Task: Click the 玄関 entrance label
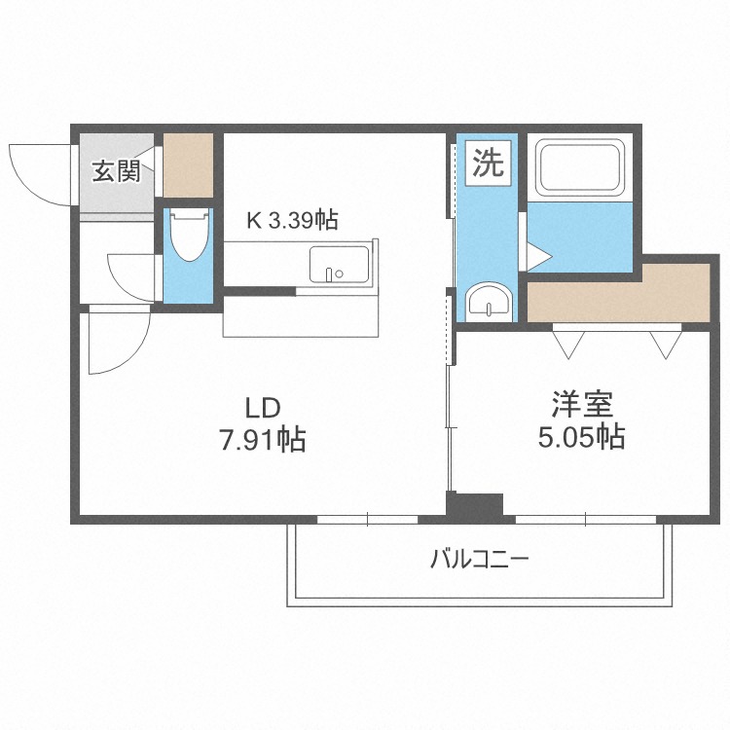(x=116, y=171)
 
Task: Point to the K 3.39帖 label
(x=291, y=221)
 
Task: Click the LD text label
(x=262, y=406)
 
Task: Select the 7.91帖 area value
(x=262, y=440)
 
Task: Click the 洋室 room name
(x=581, y=402)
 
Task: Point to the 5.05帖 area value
(x=581, y=437)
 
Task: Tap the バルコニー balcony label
(x=479, y=561)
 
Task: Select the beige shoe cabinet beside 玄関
(x=187, y=164)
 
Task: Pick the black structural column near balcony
(x=474, y=506)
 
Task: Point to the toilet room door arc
(x=131, y=277)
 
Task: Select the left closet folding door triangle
(x=567, y=343)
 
